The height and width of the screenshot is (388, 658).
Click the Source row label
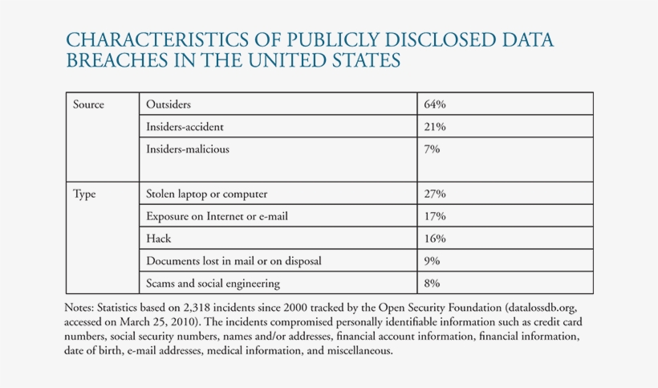[x=88, y=104]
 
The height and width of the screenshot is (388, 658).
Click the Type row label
[x=84, y=194]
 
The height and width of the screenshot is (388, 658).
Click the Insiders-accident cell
[x=189, y=127]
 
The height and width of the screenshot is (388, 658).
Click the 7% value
[x=433, y=149]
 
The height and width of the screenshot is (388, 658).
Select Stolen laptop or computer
[x=206, y=194]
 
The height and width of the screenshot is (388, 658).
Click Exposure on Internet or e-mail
[x=216, y=216]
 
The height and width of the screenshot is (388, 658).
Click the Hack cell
[x=159, y=239]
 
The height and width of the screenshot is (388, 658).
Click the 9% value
[x=433, y=261]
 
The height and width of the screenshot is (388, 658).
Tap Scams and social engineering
[x=213, y=283]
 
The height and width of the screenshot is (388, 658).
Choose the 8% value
[x=433, y=283]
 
